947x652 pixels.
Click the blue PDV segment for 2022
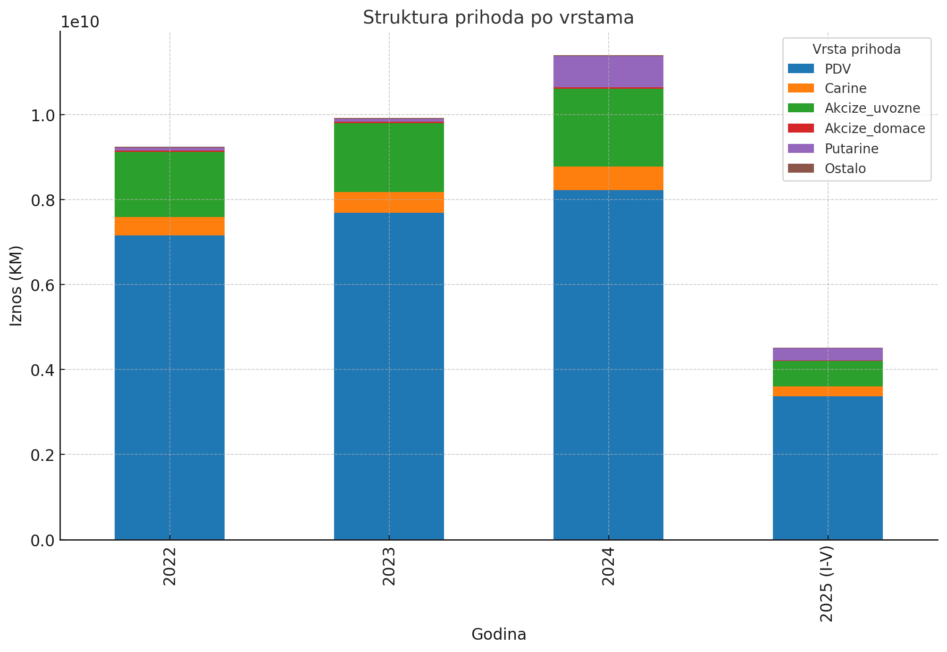(169, 387)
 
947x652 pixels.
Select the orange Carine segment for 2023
(389, 202)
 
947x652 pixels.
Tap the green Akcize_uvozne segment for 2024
(608, 127)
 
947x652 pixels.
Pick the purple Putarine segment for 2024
(608, 72)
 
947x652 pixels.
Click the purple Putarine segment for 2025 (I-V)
(828, 354)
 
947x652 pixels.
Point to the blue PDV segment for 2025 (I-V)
(828, 467)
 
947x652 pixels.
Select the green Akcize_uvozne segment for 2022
(169, 184)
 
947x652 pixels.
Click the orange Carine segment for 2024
(608, 178)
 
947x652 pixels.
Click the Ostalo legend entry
(845, 168)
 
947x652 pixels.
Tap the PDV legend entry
(838, 69)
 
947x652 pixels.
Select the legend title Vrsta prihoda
(856, 49)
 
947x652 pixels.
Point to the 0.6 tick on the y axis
(43, 285)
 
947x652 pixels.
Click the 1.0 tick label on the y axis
(43, 115)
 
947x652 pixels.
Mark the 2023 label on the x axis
(389, 566)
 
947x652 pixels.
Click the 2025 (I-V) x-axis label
(828, 584)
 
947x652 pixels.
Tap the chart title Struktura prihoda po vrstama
(498, 18)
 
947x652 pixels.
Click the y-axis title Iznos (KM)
(17, 285)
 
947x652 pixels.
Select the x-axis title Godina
(499, 635)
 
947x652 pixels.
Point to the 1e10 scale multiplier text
(80, 22)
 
